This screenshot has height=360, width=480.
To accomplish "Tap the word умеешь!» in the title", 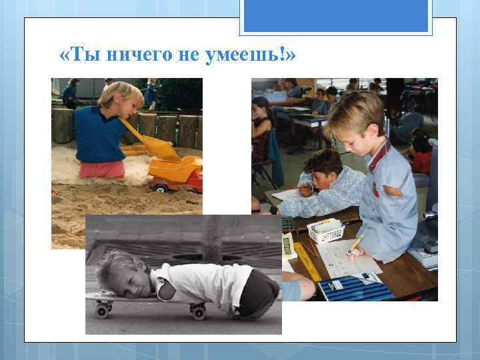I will click(x=253, y=55).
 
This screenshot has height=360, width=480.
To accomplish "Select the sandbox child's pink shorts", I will click(x=101, y=169).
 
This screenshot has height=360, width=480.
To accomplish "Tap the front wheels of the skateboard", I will click(x=103, y=308).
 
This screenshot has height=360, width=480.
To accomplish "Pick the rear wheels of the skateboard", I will click(x=197, y=310).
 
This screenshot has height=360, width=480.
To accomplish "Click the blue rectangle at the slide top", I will click(x=336, y=15).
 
